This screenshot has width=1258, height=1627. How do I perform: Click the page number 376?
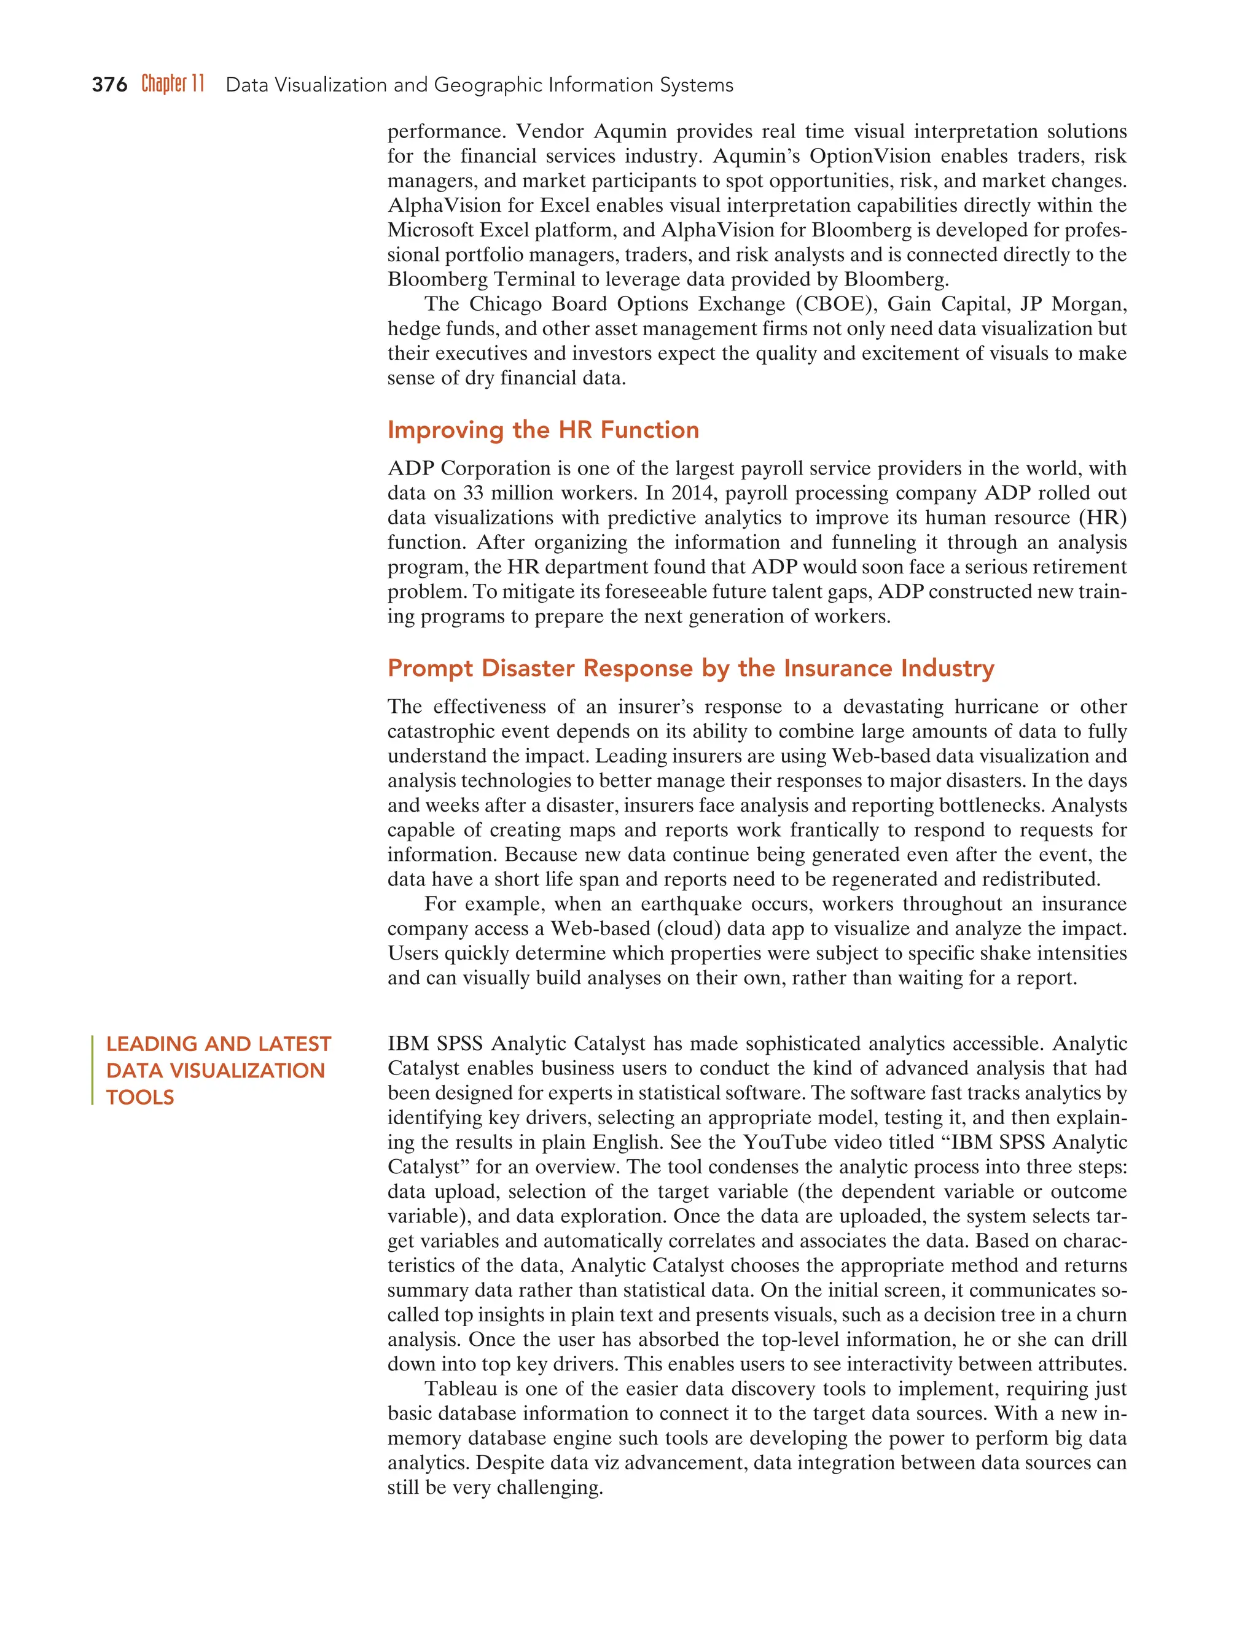click(x=109, y=85)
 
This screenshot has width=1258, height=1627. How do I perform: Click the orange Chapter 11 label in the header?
click(x=173, y=83)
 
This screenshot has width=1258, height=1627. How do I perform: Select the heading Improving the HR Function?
click(x=542, y=430)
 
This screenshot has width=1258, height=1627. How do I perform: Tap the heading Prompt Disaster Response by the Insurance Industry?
click(x=690, y=668)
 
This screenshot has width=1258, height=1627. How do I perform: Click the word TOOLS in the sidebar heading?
click(x=140, y=1097)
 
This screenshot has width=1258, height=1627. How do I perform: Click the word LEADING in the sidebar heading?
click(x=149, y=1044)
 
